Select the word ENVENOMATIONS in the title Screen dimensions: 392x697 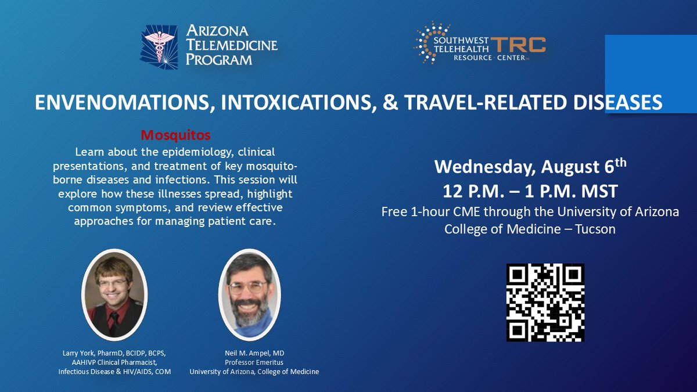tap(119, 102)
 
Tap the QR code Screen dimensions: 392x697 tap(545, 303)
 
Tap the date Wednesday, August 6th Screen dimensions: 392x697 tap(530, 169)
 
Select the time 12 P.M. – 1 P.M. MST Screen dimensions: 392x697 tap(530, 191)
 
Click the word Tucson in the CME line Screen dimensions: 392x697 tap(595, 229)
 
